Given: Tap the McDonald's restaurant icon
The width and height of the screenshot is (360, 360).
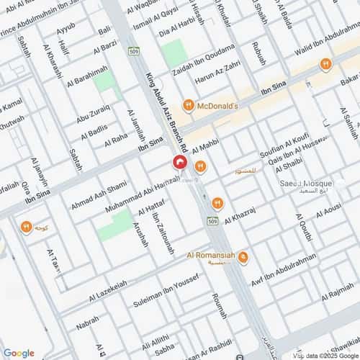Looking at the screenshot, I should click(188, 105).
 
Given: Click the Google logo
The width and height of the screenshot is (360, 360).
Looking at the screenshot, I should click(19, 353).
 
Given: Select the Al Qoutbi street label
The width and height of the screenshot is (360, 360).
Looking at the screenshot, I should click(303, 227).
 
